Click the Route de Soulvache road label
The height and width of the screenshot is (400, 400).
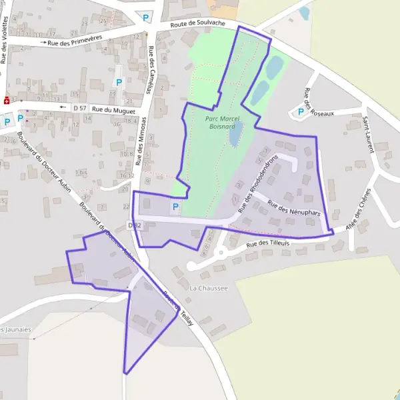click(x=198, y=24)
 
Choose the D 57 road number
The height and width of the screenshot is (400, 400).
click(x=80, y=107)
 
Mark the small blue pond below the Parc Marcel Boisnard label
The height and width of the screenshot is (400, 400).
click(x=235, y=135)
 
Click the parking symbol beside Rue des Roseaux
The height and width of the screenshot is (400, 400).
click(x=301, y=112)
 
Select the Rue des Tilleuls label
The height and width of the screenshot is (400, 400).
click(x=269, y=244)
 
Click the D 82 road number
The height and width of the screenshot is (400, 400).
click(x=135, y=225)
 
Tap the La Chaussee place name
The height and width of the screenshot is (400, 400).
click(x=209, y=288)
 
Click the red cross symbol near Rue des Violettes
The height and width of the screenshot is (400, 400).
click(x=6, y=101)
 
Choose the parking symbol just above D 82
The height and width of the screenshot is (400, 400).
click(x=175, y=207)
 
